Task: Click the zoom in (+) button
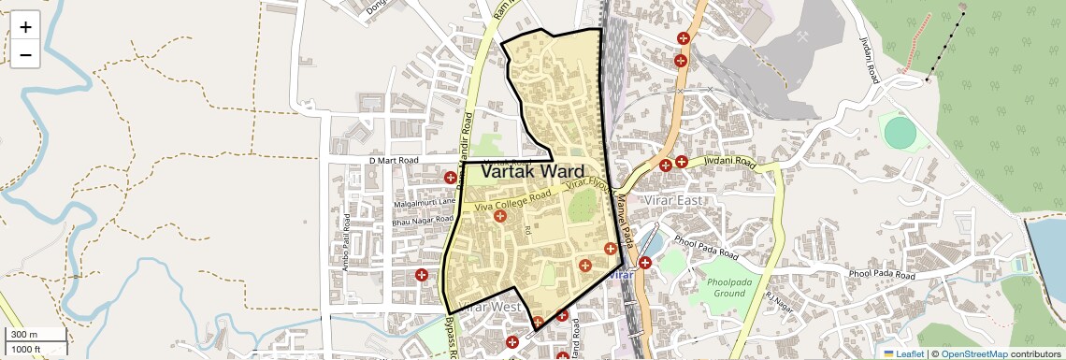[25, 27]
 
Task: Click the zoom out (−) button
[25, 54]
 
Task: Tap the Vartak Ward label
[532, 172]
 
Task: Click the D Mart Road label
[396, 161]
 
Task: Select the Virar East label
[671, 199]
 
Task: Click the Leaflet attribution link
[902, 353]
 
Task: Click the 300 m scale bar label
[24, 335]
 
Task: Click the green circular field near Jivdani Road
[900, 132]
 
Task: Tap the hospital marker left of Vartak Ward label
[451, 177]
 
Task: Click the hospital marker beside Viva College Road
[500, 216]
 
